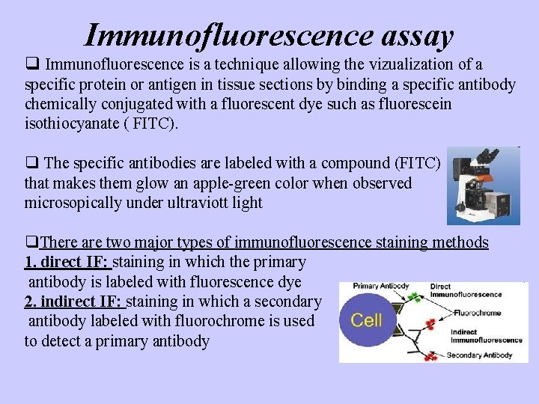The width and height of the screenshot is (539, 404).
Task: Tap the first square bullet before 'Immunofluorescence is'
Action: point(31,65)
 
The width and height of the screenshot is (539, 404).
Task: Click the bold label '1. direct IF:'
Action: point(67,262)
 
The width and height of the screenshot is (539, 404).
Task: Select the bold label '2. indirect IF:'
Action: point(74,302)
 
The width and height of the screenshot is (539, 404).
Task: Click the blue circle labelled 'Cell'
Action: point(366,320)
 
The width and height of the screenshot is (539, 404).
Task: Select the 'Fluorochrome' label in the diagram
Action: point(475,313)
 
